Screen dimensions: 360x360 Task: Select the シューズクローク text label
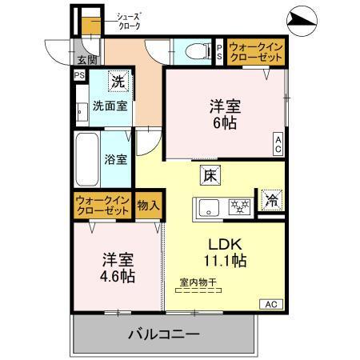[x=129, y=21]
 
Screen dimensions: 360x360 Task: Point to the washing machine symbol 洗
[x=118, y=81]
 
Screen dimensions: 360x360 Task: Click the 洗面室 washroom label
[x=109, y=105]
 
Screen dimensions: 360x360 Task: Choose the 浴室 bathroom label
[x=115, y=158]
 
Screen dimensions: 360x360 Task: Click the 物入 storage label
[x=148, y=205]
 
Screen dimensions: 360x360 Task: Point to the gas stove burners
[x=238, y=206]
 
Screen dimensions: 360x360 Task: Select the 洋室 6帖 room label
[x=226, y=114]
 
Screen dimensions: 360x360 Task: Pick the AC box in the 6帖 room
[x=278, y=144]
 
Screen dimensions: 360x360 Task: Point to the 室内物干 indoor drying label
[x=200, y=281]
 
